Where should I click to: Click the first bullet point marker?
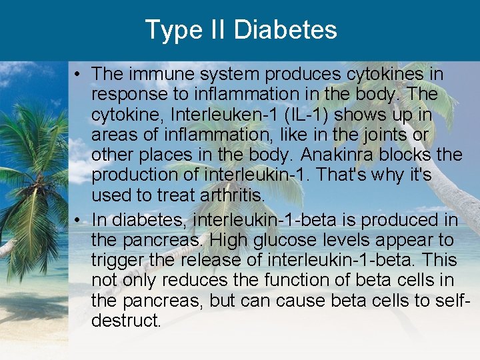pyautogui.click(x=79, y=74)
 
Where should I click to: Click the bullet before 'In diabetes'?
pyautogui.click(x=79, y=219)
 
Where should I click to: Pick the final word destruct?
pyautogui.click(x=126, y=321)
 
